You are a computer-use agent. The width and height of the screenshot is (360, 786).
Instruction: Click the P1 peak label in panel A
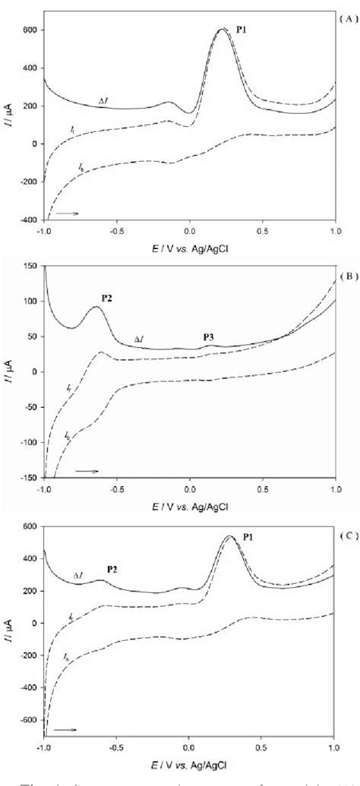coord(242,30)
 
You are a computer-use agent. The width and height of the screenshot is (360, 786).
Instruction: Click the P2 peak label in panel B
coord(106,298)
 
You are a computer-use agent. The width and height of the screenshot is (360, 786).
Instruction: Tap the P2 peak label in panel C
coord(112,569)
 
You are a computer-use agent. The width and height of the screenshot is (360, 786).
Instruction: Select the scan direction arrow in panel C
coord(65,729)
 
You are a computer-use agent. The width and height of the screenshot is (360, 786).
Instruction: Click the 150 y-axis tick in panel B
coord(31,267)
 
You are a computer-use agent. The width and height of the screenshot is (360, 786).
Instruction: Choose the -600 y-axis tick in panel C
coord(28,718)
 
